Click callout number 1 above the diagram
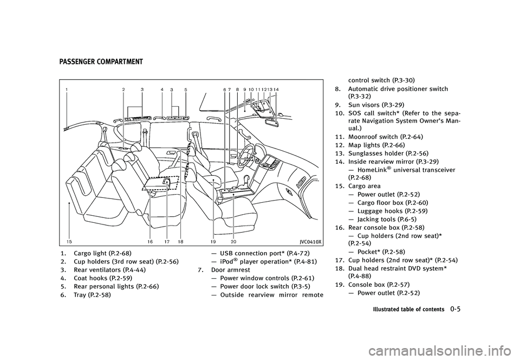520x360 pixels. [67, 89]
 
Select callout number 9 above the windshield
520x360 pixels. [245, 89]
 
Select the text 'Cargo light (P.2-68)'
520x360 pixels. [102, 254]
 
